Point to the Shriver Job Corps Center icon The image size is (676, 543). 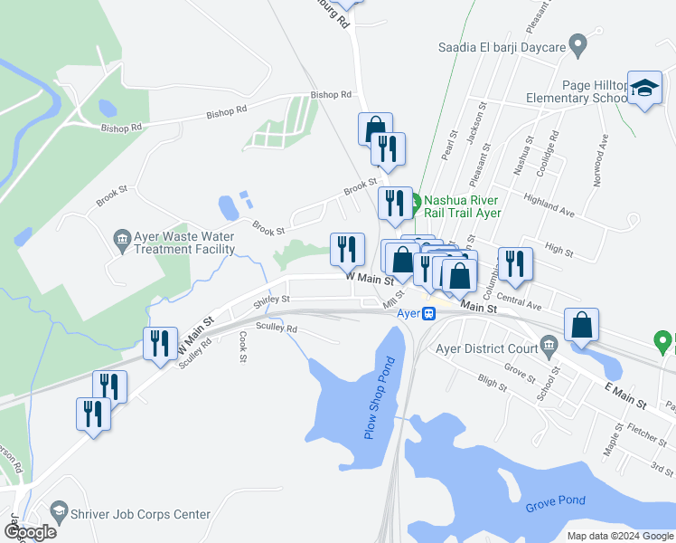60,514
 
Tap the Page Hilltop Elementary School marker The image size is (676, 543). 644,88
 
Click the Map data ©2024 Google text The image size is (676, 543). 619,536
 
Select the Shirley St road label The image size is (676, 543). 272,300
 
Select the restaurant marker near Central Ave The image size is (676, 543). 514,263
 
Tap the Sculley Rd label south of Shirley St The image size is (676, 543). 277,328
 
